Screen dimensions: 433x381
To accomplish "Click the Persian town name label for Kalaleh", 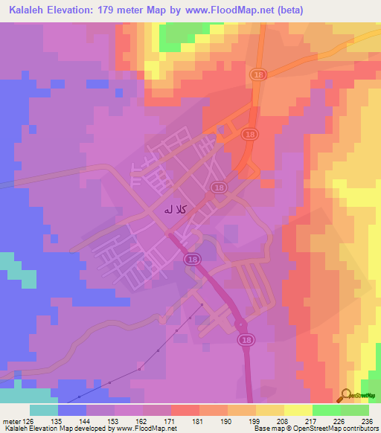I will (168, 211).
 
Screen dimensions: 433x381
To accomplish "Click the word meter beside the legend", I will (13, 420).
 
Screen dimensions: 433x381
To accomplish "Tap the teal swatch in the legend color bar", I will (44, 410).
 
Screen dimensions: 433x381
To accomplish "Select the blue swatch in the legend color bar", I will (72, 410).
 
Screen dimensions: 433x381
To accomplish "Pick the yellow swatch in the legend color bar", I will (270, 410).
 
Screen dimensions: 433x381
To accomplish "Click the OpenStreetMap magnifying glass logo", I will (347, 394).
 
